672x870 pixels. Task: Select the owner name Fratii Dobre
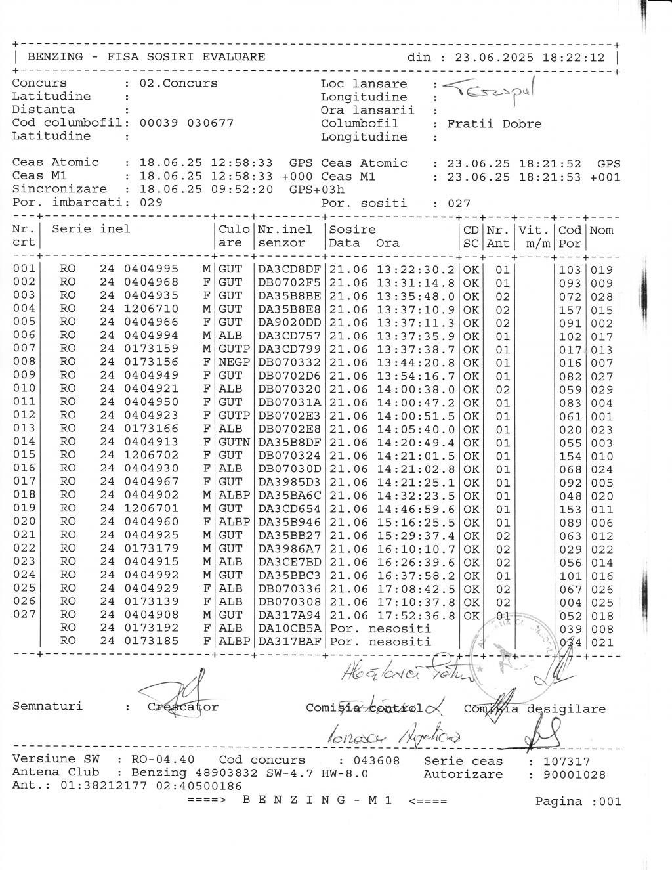click(x=494, y=124)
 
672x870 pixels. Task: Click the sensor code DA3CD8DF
click(x=289, y=270)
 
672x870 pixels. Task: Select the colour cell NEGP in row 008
click(x=234, y=362)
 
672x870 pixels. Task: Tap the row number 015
click(x=24, y=456)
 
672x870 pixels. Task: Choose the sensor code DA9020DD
click(x=289, y=323)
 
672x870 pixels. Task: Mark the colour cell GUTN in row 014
click(x=234, y=443)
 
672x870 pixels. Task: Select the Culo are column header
click(x=234, y=236)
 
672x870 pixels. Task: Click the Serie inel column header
click(x=91, y=229)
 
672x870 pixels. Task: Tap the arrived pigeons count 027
click(x=459, y=204)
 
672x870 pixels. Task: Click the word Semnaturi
click(x=47, y=707)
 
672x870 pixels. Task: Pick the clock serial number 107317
click(x=566, y=762)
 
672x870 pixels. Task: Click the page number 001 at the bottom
click(x=609, y=801)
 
